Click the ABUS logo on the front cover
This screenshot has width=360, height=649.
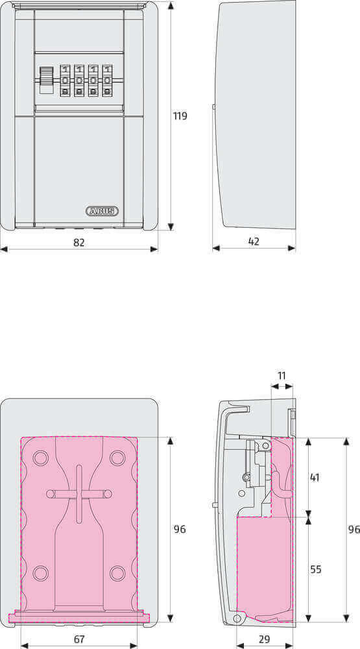102,211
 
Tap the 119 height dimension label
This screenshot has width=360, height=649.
180,116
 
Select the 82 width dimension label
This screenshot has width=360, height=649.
79,241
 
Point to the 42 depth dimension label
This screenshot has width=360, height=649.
254,241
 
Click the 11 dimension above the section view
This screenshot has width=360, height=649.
282,376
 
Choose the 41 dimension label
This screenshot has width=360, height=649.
315,478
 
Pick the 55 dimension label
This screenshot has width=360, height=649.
315,569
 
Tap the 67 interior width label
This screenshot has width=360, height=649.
79,639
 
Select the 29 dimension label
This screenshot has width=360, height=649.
264,639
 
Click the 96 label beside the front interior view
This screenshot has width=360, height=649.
180,530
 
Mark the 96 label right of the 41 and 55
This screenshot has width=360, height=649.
354,530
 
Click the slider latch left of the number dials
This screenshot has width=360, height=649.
46,80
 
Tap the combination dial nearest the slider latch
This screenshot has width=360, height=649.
65,80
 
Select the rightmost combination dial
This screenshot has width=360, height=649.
107,80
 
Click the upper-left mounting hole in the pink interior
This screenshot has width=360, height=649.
40,458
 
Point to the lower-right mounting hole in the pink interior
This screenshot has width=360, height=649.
117,573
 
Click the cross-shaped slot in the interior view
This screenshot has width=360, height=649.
79,494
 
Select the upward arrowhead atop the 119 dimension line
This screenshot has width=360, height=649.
171,6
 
